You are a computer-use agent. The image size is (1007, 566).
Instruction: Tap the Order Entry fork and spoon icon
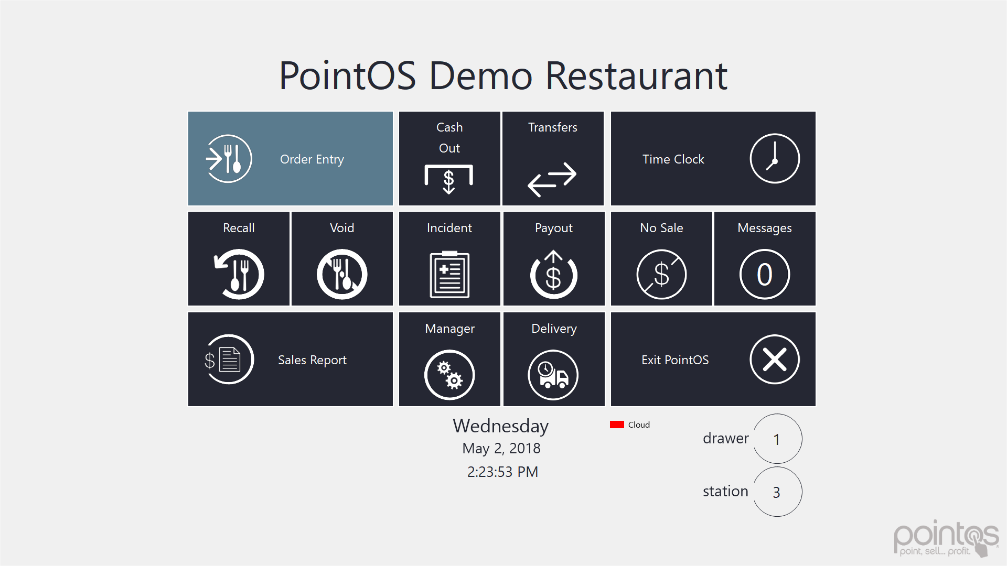pos(229,159)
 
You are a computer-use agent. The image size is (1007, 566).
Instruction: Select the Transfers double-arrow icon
pos(552,179)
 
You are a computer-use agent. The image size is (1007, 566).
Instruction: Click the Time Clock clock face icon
pos(775,158)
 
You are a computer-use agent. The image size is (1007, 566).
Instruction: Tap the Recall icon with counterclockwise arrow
pos(239,274)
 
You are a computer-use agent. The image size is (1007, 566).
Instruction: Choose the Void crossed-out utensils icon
pos(342,274)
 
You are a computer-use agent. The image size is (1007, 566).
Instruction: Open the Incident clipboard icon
pos(449,274)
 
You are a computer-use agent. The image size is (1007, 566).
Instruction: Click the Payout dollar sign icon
pos(554,274)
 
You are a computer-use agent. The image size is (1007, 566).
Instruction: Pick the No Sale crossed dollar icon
pos(661,274)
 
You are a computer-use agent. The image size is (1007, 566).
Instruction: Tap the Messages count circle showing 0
pos(765,274)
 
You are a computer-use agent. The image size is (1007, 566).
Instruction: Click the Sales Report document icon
pos(229,360)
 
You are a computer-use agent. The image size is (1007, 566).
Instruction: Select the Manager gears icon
pos(449,375)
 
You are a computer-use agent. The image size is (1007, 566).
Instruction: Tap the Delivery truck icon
pos(553,375)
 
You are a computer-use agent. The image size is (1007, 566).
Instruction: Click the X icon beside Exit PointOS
pos(775,360)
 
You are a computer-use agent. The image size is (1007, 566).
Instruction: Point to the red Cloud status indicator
pos(617,424)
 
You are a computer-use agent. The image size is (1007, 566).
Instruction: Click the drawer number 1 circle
pos(777,439)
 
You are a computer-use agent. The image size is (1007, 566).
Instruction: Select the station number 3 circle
pos(777,492)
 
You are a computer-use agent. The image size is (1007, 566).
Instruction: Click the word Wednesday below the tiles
pos(501,426)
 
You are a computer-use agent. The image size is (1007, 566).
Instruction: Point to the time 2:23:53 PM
pos(502,472)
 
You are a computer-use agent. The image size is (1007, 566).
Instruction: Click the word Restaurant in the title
pos(636,75)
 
